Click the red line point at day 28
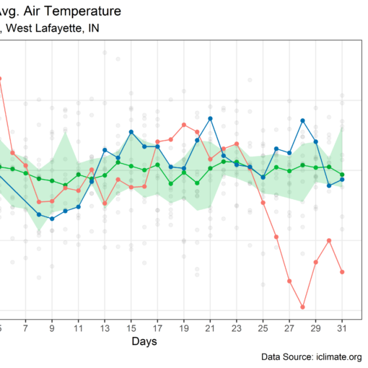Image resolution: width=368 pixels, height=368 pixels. (303, 307)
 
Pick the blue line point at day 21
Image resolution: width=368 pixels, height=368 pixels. (210, 118)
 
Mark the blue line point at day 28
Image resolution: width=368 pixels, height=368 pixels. (302, 121)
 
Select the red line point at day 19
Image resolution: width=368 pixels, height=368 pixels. (184, 125)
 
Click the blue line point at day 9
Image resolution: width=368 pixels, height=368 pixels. (52, 218)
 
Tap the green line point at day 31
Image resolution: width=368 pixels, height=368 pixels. (342, 175)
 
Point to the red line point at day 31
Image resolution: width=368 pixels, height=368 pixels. (342, 272)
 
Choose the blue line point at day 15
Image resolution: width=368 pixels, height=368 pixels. (131, 132)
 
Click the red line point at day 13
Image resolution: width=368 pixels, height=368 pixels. (105, 203)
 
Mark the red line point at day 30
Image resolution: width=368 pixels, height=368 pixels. (329, 240)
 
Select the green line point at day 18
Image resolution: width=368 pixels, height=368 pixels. (170, 183)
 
